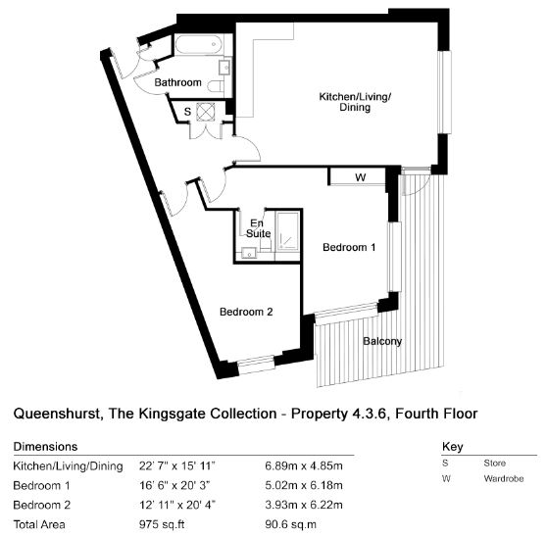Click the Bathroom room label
tap(177, 82)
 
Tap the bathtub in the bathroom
tap(199, 44)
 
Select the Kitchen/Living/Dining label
tap(355, 102)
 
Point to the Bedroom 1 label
tap(349, 247)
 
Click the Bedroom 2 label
tap(246, 312)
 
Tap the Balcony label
tap(382, 341)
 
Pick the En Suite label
tap(258, 228)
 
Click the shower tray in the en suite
tap(287, 232)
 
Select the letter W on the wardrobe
tap(361, 177)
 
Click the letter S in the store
tap(187, 112)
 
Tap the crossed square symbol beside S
tap(207, 112)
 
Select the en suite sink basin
tap(249, 253)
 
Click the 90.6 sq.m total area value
tap(290, 524)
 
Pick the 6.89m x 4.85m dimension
tap(304, 465)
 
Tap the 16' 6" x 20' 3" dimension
tap(174, 485)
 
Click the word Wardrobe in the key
tap(504, 478)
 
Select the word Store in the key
tap(494, 464)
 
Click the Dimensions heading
tap(45, 447)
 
